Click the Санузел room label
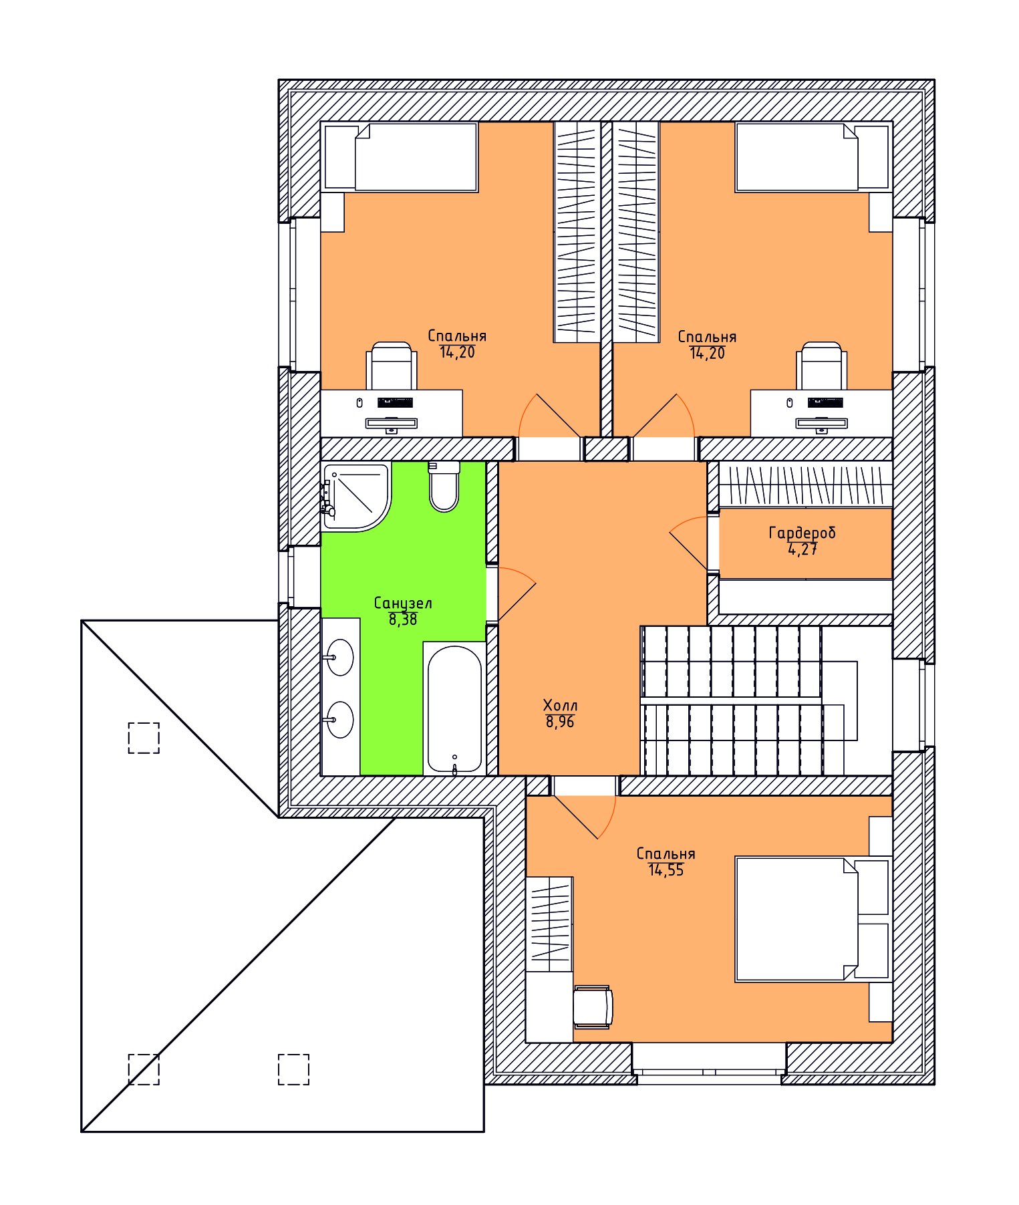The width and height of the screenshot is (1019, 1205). (x=403, y=603)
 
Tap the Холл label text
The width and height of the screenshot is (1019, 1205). (x=560, y=705)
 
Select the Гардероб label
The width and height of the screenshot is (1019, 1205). (x=802, y=533)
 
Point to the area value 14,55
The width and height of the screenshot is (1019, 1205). (x=666, y=870)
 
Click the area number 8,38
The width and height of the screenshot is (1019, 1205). (x=403, y=620)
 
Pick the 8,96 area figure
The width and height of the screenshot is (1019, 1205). (x=560, y=722)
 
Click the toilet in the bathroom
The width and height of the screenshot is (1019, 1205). (x=444, y=487)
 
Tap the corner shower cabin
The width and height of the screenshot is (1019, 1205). (x=356, y=497)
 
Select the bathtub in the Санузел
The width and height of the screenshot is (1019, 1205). (x=454, y=708)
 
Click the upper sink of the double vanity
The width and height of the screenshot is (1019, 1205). (x=340, y=657)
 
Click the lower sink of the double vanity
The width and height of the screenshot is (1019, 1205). (x=340, y=720)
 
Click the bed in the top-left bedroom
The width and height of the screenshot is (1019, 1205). (x=400, y=157)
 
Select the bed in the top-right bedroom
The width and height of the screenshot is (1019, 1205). (x=814, y=157)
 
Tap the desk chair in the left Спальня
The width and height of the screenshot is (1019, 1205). (x=392, y=366)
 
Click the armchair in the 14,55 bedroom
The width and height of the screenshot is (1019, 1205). (x=593, y=1007)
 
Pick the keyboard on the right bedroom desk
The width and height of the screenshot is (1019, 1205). (x=825, y=402)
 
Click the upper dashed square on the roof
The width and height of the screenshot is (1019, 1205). (x=144, y=738)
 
